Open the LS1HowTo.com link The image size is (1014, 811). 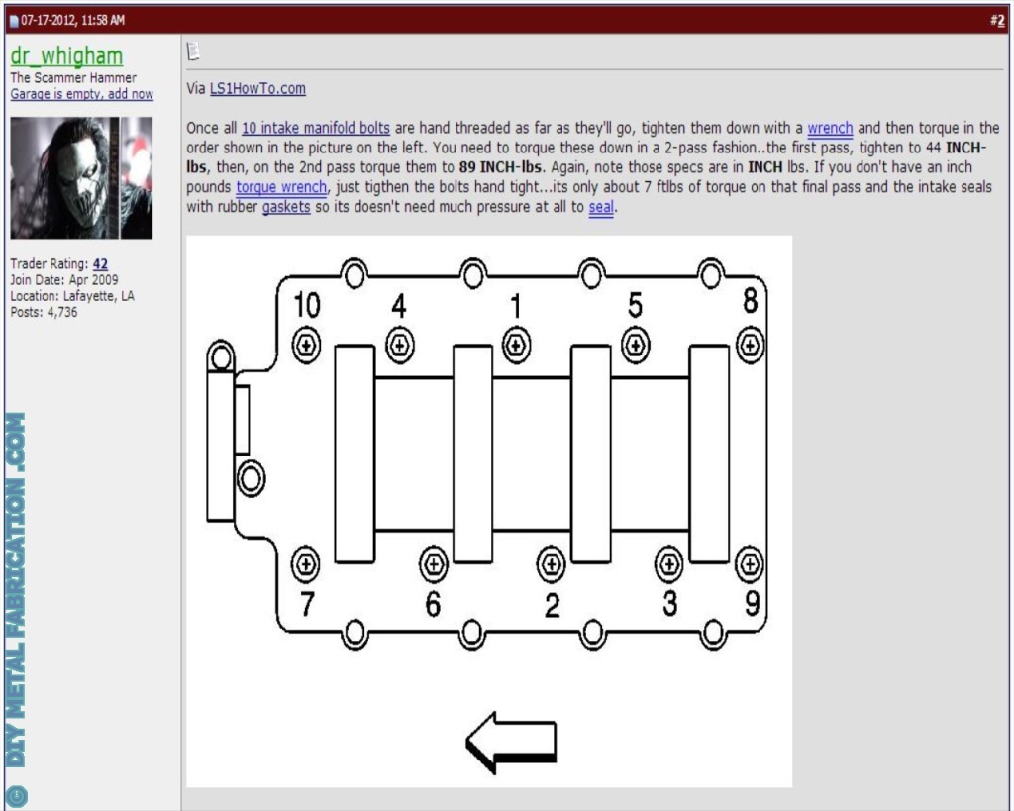[x=257, y=88]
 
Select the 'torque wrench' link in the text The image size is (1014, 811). [x=281, y=186]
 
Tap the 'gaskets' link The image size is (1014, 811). [x=286, y=208]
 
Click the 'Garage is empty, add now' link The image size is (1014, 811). [x=81, y=94]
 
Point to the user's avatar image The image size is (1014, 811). [x=81, y=177]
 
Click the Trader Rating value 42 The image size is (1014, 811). [x=100, y=263]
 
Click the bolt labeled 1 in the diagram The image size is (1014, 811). [x=515, y=345]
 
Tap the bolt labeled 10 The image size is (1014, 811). [x=306, y=345]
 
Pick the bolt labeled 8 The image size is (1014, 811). [x=751, y=345]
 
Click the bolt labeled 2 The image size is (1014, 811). [x=551, y=564]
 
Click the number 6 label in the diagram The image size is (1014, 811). [x=433, y=604]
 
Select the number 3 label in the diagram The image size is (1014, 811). [x=670, y=603]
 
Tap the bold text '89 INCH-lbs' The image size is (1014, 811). [x=501, y=165]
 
